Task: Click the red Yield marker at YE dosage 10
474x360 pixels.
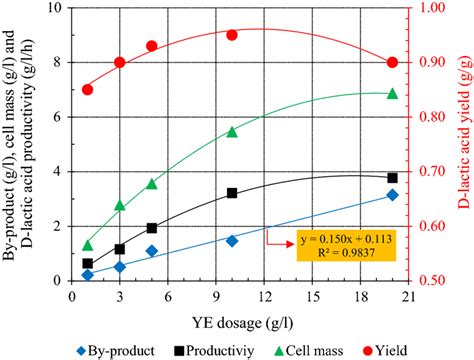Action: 232,35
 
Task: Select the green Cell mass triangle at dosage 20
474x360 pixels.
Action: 392,94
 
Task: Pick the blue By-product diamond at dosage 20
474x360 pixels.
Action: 392,195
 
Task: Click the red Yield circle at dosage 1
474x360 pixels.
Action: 88,89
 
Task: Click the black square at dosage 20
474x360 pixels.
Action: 392,178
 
